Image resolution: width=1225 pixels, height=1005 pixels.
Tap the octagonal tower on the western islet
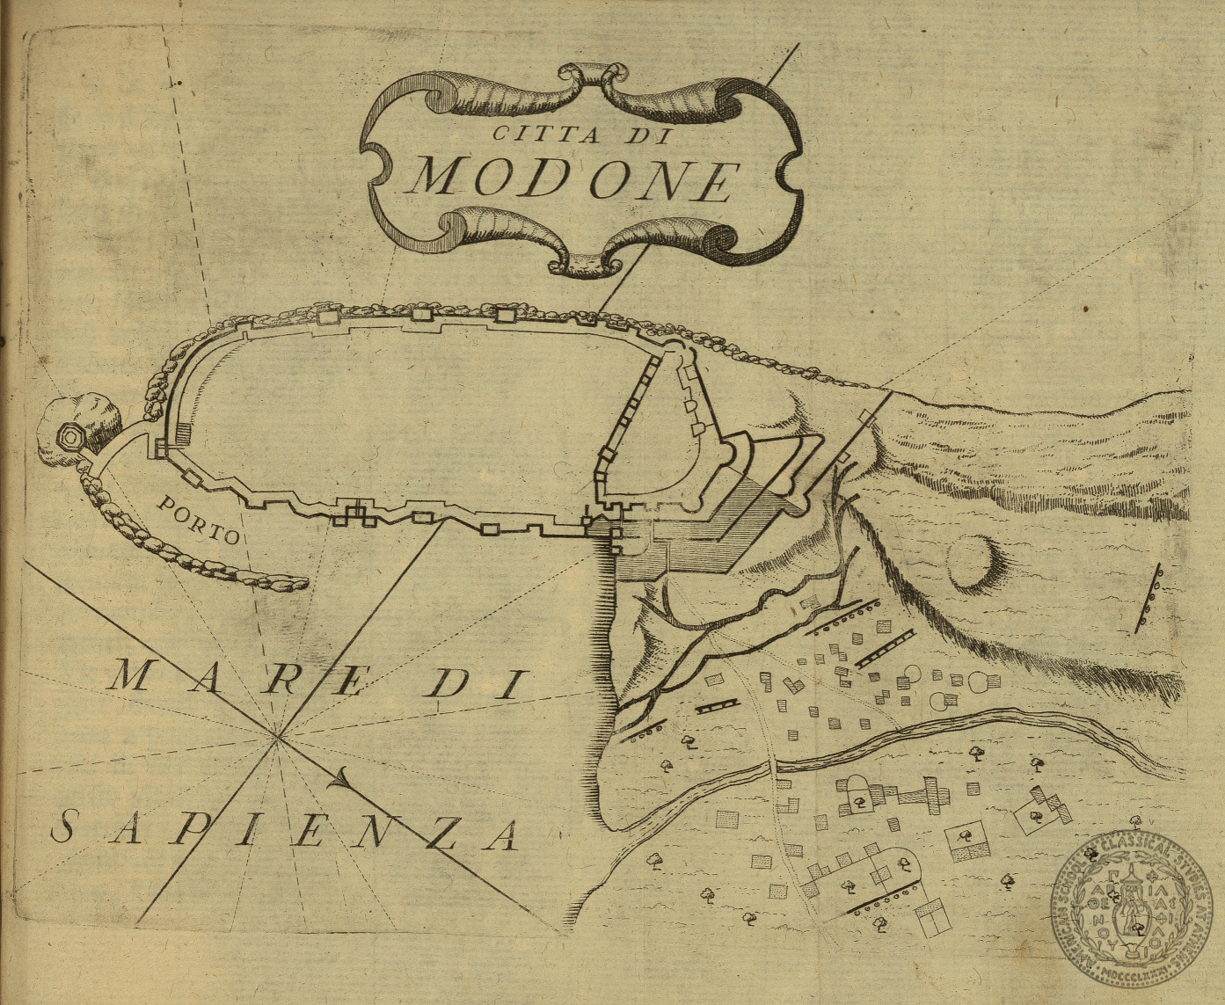[x=68, y=436]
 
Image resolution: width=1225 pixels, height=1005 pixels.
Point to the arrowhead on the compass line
[x=342, y=778]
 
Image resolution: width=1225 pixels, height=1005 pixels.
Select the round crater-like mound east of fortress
[x=973, y=561]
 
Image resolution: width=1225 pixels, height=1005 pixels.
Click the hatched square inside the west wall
[x=183, y=433]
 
